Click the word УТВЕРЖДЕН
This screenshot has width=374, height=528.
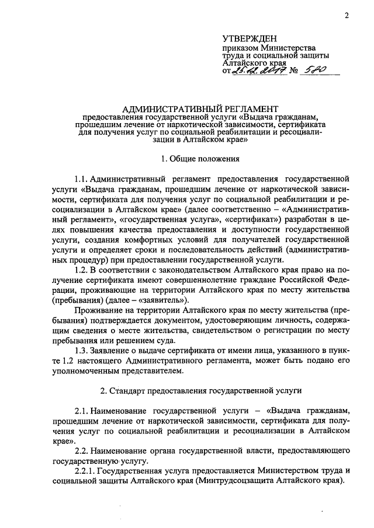[250, 38]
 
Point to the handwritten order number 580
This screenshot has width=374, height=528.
[313, 71]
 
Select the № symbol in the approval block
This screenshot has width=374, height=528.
[293, 72]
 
